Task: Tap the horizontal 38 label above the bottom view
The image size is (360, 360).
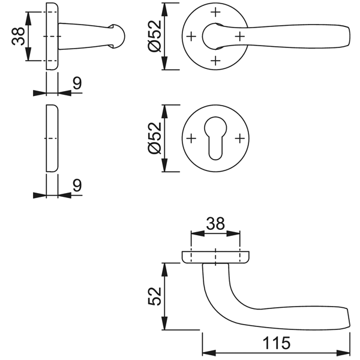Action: pos(215,223)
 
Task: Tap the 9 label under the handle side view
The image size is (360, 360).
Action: pos(76,83)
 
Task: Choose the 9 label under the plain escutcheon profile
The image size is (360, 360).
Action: pos(76,185)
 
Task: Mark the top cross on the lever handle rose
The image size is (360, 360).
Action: pos(215,12)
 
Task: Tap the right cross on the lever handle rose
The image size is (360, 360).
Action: pos(239,35)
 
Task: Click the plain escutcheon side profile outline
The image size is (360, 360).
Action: pos(52,138)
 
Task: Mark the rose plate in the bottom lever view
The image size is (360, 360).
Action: pos(215,257)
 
